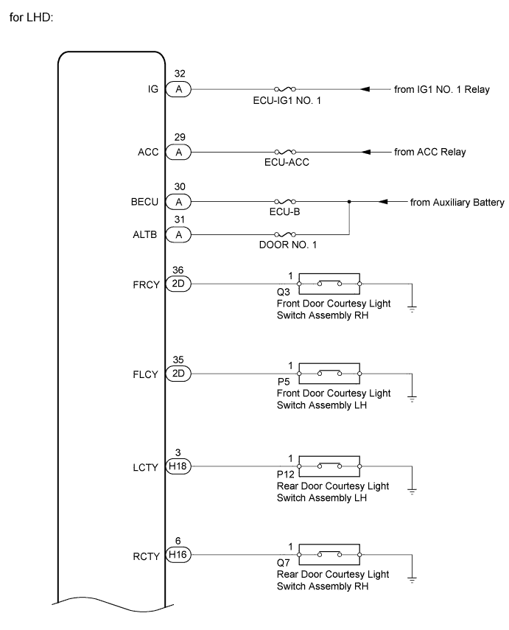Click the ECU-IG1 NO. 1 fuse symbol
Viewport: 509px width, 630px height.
285,89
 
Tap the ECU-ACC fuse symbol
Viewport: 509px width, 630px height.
285,152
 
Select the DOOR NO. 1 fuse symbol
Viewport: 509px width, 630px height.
285,234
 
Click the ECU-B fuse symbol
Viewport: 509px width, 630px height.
285,201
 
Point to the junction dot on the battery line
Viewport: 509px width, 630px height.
349,201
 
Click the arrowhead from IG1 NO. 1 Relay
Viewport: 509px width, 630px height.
365,89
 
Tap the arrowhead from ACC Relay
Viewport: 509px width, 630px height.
366,152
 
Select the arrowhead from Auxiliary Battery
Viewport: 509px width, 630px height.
383,201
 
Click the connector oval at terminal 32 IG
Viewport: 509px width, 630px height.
178,89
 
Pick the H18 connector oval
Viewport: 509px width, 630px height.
178,466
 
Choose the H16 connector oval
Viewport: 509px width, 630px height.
178,555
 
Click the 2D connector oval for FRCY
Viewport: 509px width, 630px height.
178,284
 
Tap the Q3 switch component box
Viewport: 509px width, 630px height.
329,284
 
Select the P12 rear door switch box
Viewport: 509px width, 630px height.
329,466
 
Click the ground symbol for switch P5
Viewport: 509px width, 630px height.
412,399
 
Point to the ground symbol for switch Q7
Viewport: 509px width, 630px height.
412,580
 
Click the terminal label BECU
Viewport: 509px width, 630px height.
144,202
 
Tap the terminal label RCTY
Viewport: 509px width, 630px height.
147,556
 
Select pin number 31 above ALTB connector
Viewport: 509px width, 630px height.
180,220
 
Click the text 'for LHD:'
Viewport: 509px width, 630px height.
32,18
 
